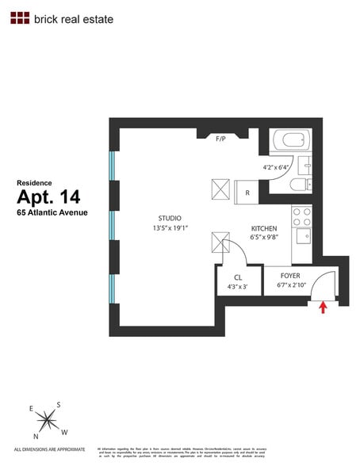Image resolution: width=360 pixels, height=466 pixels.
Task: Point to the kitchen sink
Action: coord(302,235)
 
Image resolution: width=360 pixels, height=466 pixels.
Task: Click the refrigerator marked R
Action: coord(247,192)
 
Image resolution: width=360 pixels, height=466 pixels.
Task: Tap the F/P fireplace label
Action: coord(221,139)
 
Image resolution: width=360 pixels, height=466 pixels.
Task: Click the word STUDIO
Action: coord(169,218)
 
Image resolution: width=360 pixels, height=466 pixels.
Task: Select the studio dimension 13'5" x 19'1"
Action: coord(169,228)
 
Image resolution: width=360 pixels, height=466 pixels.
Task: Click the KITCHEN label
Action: coord(264,227)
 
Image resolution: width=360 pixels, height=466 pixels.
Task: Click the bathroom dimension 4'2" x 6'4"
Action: coord(278,167)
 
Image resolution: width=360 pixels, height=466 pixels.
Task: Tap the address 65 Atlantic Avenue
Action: coord(52,212)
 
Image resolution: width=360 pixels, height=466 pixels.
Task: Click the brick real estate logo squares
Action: coord(20,17)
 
